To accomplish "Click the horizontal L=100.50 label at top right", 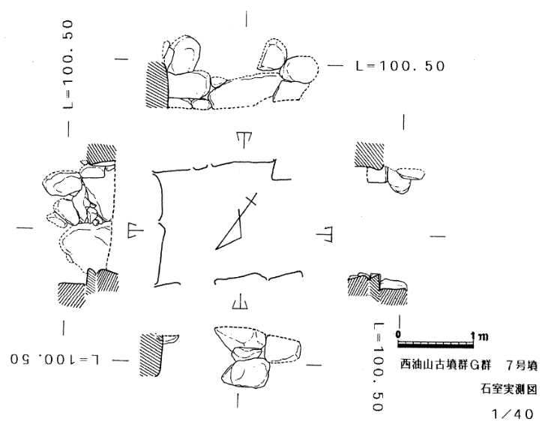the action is (x=400, y=66).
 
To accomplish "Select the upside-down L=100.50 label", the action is (x=55, y=360).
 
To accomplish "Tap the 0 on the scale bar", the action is (x=398, y=334).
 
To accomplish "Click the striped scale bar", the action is (x=436, y=345).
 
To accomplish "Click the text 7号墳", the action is (x=521, y=366).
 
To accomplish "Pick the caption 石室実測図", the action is (x=509, y=389).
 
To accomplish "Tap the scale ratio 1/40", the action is (x=513, y=414).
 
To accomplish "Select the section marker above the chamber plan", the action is (x=244, y=140).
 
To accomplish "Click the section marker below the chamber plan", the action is (x=240, y=302).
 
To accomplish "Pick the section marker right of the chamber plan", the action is (x=324, y=234).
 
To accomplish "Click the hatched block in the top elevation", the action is (x=157, y=85).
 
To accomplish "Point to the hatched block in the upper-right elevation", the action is (x=368, y=155).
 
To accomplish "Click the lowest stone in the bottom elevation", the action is (x=246, y=374).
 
